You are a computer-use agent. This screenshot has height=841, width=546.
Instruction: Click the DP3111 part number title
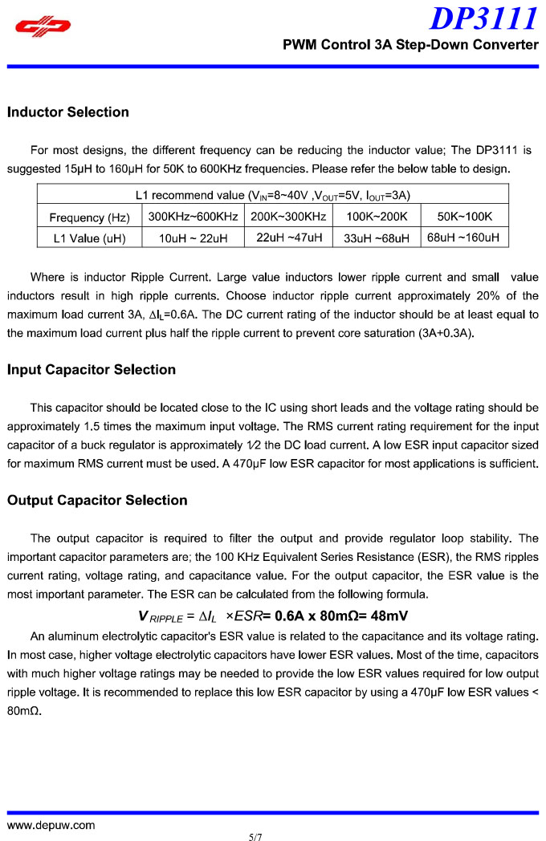[484, 18]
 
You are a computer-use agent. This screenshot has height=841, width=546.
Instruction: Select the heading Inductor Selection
[68, 112]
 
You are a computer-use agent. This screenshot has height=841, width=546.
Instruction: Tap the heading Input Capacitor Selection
[92, 370]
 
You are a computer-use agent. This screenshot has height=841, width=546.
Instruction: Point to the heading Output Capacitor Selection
[97, 501]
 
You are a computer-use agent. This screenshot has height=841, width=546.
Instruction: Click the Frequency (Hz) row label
[89, 217]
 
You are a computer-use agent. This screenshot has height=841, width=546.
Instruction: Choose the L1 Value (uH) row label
[89, 238]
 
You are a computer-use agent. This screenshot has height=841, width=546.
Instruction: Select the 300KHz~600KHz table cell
[194, 217]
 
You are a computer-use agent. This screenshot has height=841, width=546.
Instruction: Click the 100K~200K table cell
[377, 217]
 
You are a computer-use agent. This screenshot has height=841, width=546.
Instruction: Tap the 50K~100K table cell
[465, 217]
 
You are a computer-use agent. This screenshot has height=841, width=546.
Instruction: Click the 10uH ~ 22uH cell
[194, 238]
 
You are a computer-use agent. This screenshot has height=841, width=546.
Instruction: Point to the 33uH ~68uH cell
[377, 238]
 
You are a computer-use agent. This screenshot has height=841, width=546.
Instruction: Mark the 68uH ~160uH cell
[463, 238]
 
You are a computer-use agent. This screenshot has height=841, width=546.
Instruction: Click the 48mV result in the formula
[387, 616]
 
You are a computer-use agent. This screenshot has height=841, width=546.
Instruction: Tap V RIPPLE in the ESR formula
[160, 617]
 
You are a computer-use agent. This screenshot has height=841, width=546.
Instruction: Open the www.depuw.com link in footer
[51, 825]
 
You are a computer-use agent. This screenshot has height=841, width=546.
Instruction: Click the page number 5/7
[256, 836]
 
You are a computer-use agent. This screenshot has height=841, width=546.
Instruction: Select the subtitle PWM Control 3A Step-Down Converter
[410, 45]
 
